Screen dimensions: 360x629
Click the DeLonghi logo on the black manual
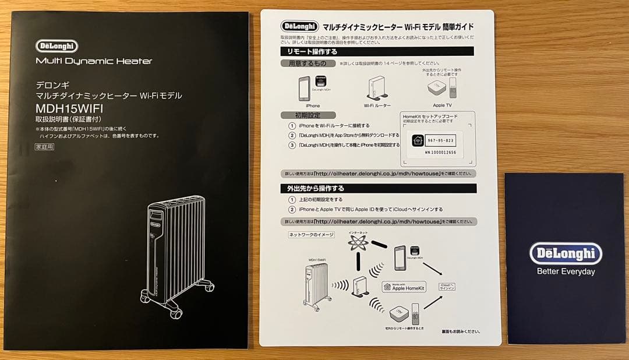[x=56, y=46]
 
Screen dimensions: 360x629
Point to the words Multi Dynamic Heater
[x=94, y=61]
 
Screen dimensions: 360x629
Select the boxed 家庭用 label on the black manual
[x=44, y=147]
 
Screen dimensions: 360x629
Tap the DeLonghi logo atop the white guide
[x=300, y=26]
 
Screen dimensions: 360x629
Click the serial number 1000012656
[x=441, y=153]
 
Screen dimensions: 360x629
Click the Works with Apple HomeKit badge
[x=404, y=287]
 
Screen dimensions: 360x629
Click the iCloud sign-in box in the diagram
[x=447, y=287]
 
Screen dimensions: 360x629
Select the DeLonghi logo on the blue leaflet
[x=566, y=253]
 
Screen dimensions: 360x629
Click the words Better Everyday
[x=566, y=271]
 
